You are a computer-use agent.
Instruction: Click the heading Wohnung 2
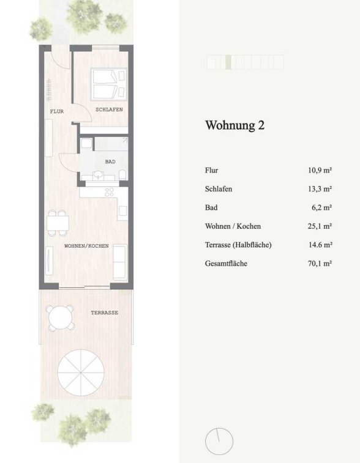[x=235, y=125]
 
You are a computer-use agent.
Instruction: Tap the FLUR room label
[x=57, y=111]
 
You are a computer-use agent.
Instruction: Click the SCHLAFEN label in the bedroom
[x=109, y=109]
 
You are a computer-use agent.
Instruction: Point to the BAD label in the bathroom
[x=110, y=162]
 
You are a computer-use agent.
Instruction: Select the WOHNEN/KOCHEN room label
[x=86, y=246]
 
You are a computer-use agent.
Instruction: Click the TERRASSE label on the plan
[x=104, y=313]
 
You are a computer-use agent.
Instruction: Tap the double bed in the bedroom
[x=109, y=84]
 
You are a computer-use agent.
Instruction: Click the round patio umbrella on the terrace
[x=81, y=372]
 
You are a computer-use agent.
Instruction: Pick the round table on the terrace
[x=60, y=318]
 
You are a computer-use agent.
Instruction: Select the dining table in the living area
[x=58, y=223]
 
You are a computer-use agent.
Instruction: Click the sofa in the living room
[x=120, y=262]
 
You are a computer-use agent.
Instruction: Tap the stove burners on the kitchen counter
[x=110, y=192]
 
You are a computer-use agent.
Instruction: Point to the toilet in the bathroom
[x=123, y=175]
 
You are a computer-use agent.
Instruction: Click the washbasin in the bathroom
[x=97, y=176]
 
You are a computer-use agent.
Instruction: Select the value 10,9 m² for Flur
[x=320, y=171]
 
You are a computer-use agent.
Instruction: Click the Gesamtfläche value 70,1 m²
[x=320, y=264]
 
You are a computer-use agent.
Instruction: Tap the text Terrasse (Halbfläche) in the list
[x=238, y=245]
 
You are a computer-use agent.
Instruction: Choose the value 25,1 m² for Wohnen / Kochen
[x=320, y=226]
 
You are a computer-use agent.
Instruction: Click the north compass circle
[x=219, y=442]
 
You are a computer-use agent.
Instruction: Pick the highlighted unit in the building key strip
[x=228, y=62]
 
